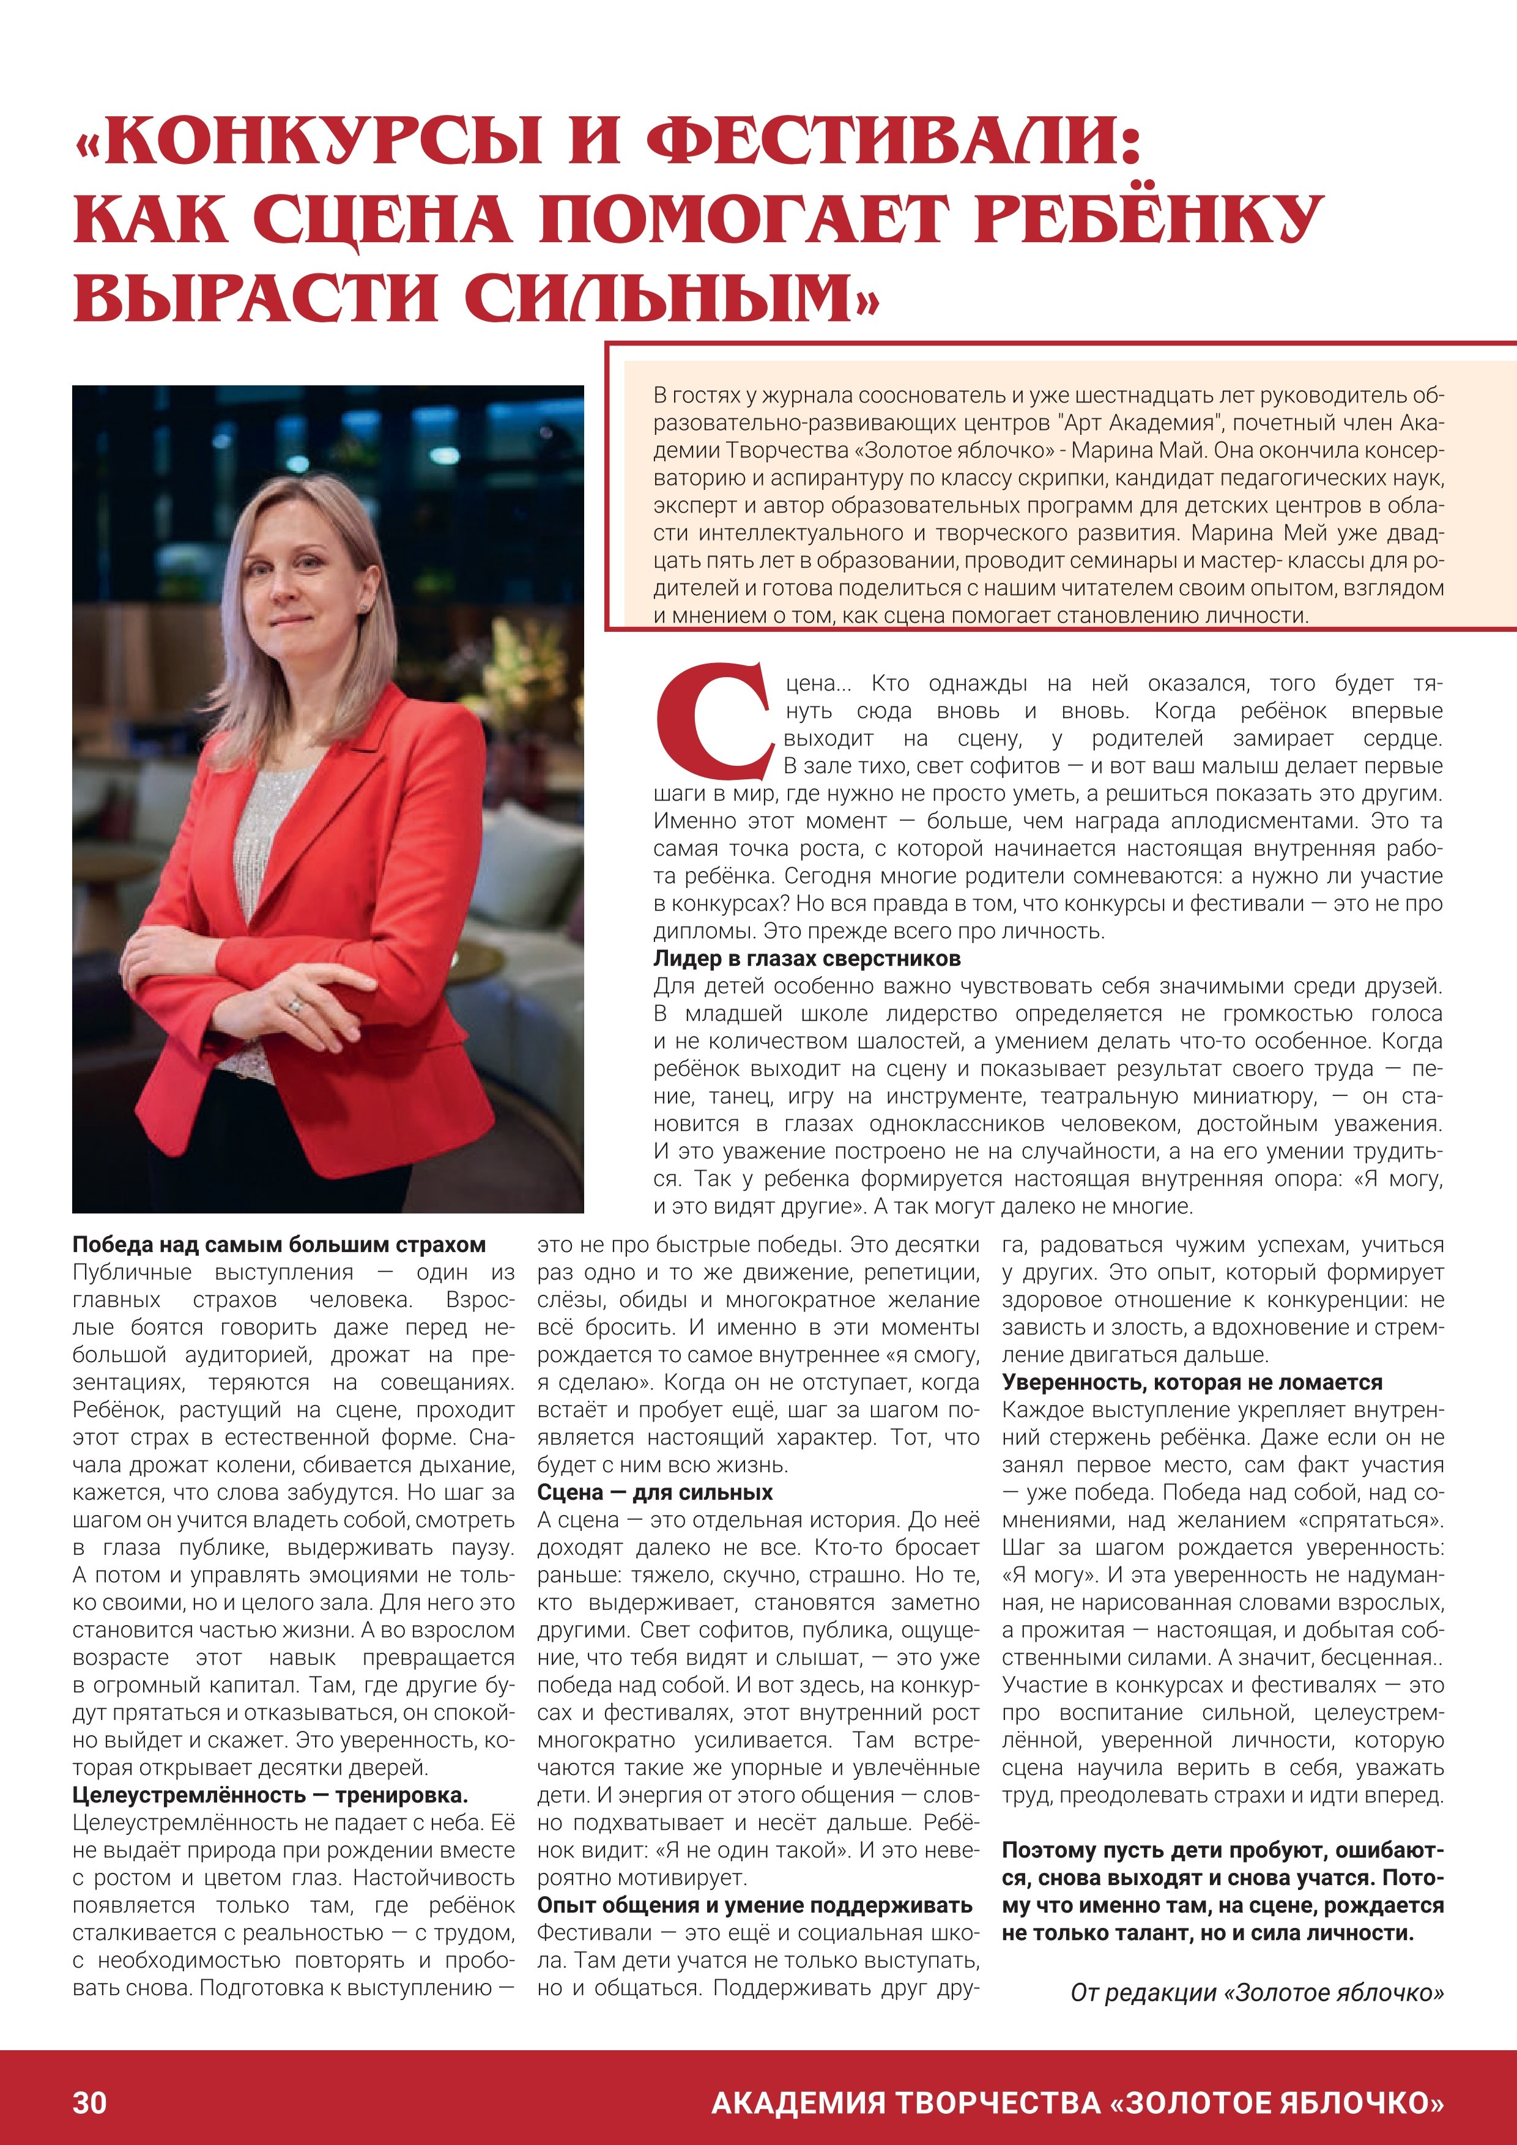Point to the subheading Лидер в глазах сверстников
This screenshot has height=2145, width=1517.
click(806, 958)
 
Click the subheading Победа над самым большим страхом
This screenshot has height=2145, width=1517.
click(280, 1245)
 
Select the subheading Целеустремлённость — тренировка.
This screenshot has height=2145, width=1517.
click(270, 1795)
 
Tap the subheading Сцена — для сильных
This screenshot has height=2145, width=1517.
click(655, 1492)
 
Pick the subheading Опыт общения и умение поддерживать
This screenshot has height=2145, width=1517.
click(755, 1905)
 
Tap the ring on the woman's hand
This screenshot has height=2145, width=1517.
click(296, 1006)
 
